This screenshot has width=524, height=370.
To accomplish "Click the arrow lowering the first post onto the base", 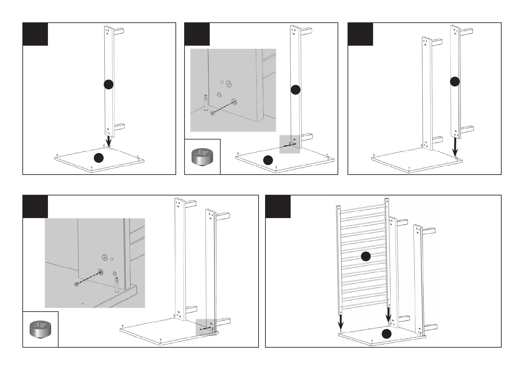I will point(109,142).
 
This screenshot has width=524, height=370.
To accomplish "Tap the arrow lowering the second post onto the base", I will point(455,147).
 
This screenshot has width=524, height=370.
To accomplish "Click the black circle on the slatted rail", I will point(366,256).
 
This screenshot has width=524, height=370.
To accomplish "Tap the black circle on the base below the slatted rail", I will point(386,334).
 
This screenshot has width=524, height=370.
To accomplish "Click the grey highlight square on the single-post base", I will point(290,144).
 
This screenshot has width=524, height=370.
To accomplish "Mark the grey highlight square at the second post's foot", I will point(206,327).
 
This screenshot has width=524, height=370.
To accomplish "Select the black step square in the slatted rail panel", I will point(278,207).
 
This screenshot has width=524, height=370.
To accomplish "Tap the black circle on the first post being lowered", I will point(108,84).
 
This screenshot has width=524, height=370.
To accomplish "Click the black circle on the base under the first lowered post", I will point(99,158).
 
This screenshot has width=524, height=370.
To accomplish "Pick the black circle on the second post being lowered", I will point(455,81).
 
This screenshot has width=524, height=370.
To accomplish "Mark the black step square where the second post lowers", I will point(360,34).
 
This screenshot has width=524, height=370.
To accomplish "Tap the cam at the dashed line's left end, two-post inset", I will point(76,284).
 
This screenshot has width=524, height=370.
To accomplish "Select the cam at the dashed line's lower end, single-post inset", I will point(213,113).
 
